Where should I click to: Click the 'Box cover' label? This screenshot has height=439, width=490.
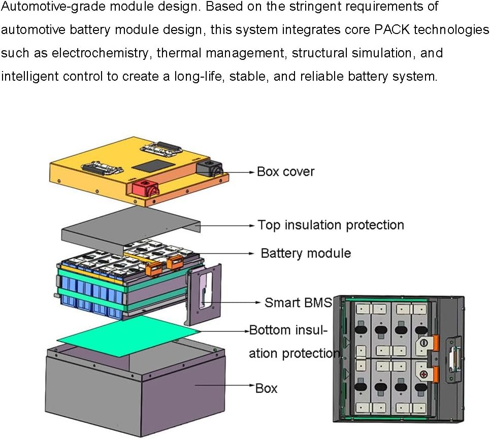coord(285,172)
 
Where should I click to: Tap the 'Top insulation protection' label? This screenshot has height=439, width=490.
coord(331,225)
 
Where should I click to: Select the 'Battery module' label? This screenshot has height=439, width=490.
coord(306,253)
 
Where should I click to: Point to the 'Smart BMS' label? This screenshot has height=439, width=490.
coord(298,303)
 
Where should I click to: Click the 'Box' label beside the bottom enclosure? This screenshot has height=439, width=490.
coord(267,389)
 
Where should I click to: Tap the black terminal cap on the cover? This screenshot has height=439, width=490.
coord(208,168)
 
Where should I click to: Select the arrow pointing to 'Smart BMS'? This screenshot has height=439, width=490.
coord(234,303)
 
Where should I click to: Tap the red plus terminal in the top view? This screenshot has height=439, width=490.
coord(422,376)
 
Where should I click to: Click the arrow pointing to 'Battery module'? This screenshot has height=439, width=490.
coord(228,253)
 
